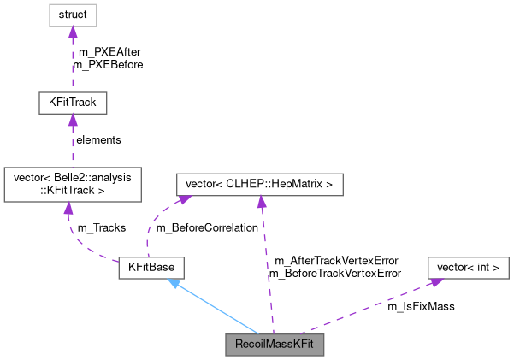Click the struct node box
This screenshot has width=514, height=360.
click(x=72, y=15)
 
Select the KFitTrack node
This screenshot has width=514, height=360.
click(x=72, y=103)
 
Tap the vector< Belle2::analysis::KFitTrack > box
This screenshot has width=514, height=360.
click(x=72, y=184)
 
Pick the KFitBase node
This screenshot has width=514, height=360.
click(x=151, y=268)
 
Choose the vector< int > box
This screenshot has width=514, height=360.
click(x=468, y=268)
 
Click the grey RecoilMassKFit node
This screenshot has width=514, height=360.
click(x=275, y=345)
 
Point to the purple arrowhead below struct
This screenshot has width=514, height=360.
click(x=72, y=32)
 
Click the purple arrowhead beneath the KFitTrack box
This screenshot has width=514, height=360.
click(x=72, y=121)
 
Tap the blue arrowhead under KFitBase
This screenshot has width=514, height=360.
click(x=173, y=283)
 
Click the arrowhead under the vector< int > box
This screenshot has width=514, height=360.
click(x=434, y=281)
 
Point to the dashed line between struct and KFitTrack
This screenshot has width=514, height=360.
click(x=72, y=64)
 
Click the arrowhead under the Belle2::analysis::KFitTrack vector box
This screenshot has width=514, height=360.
click(x=68, y=209)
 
